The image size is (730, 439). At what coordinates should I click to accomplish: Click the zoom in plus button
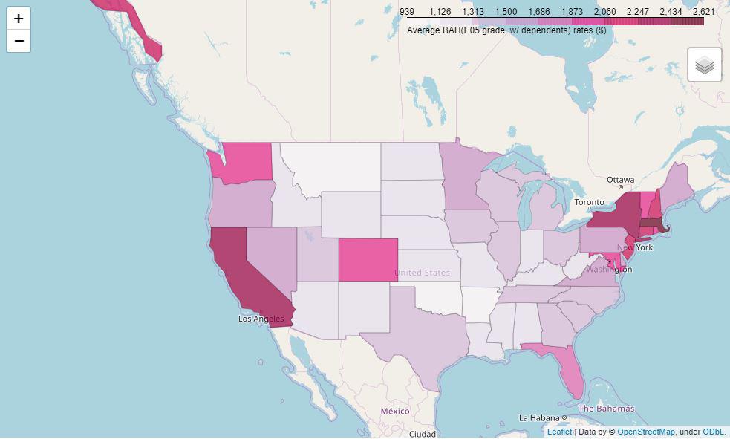[19, 19]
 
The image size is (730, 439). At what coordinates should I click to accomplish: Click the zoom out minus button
[19, 41]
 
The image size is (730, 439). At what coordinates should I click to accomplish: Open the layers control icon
[705, 65]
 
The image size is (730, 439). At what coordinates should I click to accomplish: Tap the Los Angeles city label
[261, 319]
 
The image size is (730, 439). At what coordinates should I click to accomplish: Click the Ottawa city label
[620, 180]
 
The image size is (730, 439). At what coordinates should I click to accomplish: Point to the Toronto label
[590, 202]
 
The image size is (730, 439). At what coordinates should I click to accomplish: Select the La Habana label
[544, 417]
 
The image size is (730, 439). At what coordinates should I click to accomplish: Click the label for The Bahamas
[606, 409]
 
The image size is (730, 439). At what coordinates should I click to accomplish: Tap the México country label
[394, 411]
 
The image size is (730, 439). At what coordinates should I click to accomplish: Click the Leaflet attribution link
[559, 432]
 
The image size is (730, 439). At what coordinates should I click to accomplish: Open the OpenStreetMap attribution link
[645, 432]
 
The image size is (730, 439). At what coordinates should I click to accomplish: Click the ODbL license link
[713, 432]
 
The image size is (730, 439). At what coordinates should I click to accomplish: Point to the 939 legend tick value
[407, 12]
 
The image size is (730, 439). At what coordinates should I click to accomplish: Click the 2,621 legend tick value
[703, 12]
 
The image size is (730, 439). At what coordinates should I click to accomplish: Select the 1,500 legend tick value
[506, 12]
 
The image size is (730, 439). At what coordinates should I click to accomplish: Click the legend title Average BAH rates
[506, 30]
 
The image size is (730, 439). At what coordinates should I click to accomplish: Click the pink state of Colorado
[368, 260]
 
